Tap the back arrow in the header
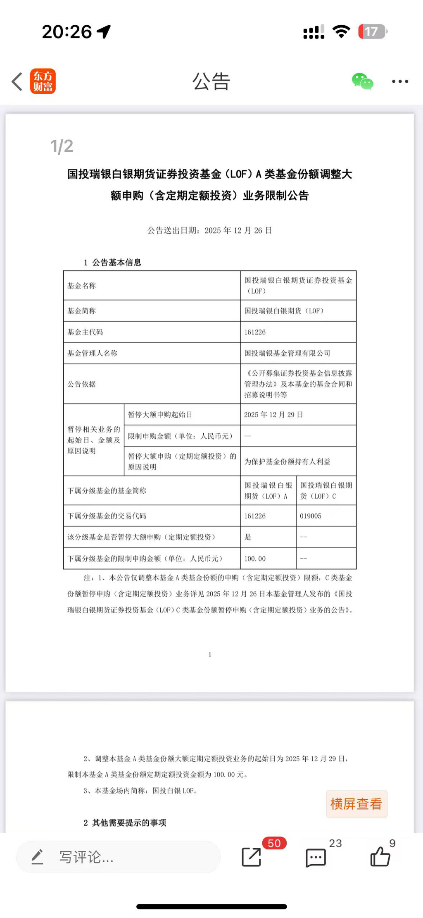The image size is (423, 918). coord(17,81)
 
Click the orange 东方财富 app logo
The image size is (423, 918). coord(43,81)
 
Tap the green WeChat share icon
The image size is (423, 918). coord(362,81)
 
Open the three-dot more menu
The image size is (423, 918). coord(400,81)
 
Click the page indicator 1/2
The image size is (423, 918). coord(62,146)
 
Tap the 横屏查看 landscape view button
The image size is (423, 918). coord(356,803)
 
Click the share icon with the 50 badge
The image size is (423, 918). coord(251,857)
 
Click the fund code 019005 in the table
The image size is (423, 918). coord(311,516)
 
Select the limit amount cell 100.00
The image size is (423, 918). coord(255,559)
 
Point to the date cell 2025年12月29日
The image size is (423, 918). coord(273,415)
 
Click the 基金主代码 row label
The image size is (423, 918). coord(86,332)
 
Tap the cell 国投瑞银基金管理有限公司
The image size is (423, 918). coord(287,353)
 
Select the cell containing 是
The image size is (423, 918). coord(248,537)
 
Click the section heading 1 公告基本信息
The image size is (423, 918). coord(112,263)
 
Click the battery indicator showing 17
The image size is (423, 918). coord(372,32)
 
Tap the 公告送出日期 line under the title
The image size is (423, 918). coord(210,230)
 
